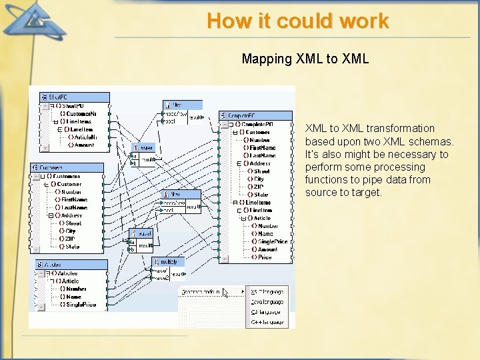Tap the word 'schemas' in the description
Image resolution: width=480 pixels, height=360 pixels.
click(431, 141)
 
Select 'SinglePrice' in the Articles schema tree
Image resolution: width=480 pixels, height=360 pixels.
click(81, 305)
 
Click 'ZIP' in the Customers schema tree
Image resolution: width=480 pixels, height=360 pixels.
click(69, 239)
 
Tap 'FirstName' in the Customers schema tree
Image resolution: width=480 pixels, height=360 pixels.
click(74, 199)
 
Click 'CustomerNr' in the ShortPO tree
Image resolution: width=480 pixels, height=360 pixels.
click(81, 113)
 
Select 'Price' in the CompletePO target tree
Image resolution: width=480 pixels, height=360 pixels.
click(265, 257)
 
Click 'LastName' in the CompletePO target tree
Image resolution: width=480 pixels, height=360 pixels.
click(262, 155)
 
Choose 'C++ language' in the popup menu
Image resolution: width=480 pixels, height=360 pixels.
click(268, 322)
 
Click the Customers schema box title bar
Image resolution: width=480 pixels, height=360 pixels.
click(70, 167)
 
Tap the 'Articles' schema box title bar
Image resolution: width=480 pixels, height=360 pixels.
click(71, 265)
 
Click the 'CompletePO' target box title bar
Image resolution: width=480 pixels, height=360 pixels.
click(255, 115)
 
